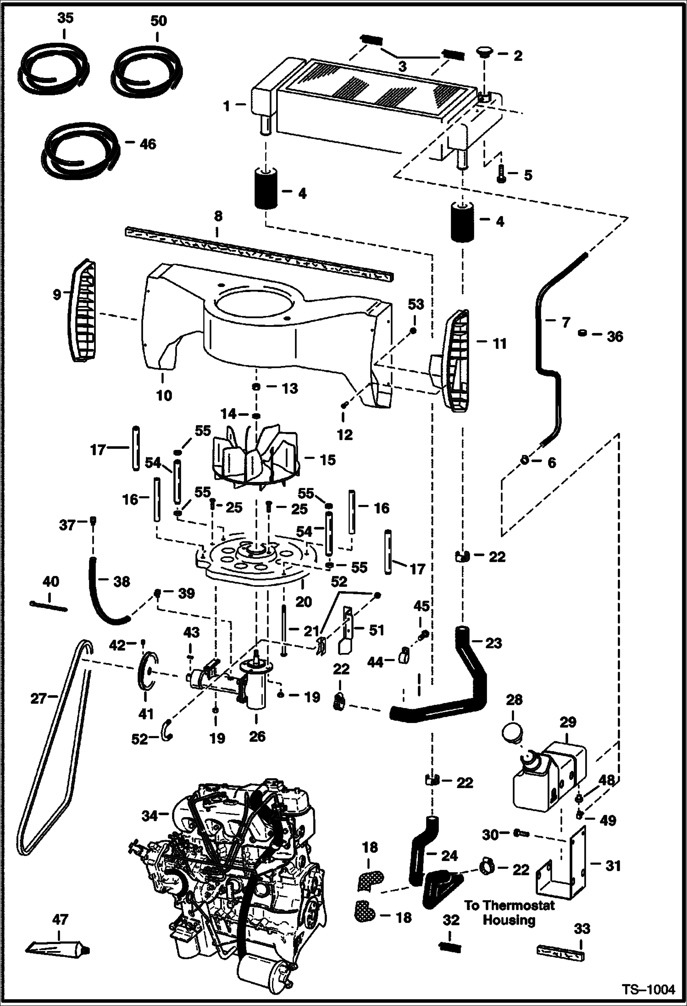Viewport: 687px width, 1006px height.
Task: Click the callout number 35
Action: coord(64,19)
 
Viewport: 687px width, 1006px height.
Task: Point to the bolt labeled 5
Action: coord(502,175)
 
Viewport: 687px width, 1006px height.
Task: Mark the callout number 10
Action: coord(164,395)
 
